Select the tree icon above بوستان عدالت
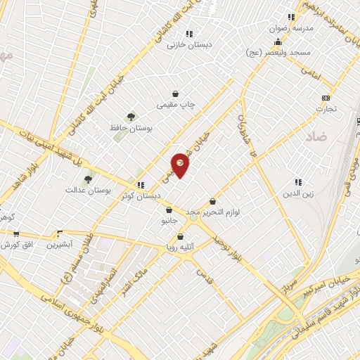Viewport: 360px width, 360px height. [x=88, y=179]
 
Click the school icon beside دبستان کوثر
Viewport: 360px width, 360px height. [x=141, y=185]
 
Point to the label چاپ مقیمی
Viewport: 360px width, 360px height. [x=175, y=105]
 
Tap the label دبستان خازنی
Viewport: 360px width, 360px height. [x=190, y=44]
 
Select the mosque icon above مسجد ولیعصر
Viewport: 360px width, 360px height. [x=278, y=41]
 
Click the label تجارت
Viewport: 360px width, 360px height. [x=326, y=109]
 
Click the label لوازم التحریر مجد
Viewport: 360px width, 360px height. [x=214, y=212]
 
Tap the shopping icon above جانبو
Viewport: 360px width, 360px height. [x=169, y=210]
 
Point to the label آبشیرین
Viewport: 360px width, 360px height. [x=60, y=245]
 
